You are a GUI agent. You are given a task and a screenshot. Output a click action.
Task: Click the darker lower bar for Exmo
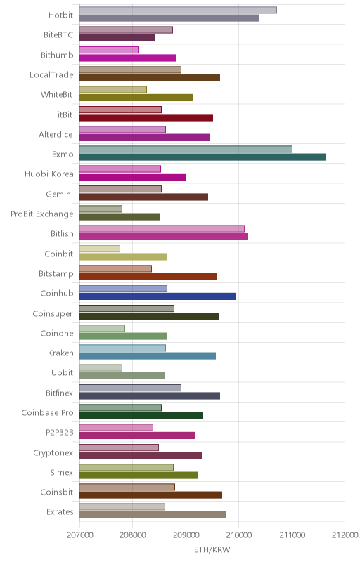click(x=202, y=157)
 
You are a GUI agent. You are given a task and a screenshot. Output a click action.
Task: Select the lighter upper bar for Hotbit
click(x=178, y=10)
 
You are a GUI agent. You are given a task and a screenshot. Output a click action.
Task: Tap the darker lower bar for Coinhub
click(x=157, y=296)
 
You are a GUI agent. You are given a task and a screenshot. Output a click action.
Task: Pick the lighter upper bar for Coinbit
click(x=100, y=249)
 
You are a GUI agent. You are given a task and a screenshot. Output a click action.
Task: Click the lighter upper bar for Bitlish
click(x=162, y=229)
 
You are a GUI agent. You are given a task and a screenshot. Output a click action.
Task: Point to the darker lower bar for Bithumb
click(x=128, y=58)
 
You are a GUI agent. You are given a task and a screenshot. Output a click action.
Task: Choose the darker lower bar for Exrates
click(x=153, y=515)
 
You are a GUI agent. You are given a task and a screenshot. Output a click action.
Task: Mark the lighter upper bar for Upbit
click(x=101, y=367)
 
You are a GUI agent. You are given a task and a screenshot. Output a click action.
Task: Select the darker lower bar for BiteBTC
click(x=117, y=38)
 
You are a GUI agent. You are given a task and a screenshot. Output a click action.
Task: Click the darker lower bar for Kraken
click(x=148, y=356)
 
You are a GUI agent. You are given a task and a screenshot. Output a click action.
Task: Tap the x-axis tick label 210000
click(x=239, y=535)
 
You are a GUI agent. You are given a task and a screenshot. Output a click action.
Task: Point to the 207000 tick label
click(x=80, y=535)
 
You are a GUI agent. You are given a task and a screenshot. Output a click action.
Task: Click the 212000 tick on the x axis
click(x=345, y=535)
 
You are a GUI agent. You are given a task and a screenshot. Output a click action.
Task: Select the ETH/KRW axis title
click(x=212, y=549)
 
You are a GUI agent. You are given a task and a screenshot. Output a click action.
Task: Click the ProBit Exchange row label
click(x=42, y=214)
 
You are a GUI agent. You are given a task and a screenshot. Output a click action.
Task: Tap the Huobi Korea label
click(x=49, y=174)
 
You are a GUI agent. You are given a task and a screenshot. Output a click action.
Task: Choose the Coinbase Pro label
click(x=47, y=412)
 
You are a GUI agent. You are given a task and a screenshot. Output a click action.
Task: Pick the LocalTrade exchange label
click(x=51, y=74)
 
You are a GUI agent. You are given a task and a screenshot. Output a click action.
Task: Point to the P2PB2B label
click(x=60, y=433)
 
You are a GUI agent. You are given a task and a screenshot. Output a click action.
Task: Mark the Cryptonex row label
click(x=53, y=452)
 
